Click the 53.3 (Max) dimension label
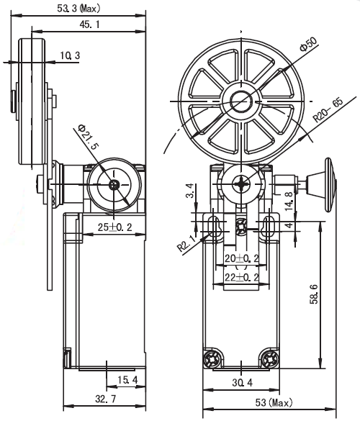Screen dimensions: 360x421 pyautogui.click(x=78, y=9)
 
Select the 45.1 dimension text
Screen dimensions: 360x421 pyautogui.click(x=89, y=24)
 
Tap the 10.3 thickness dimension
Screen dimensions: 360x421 pyautogui.click(x=70, y=55)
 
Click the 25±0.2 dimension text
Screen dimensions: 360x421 pyautogui.click(x=114, y=227)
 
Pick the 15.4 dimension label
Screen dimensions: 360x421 pyautogui.click(x=127, y=380)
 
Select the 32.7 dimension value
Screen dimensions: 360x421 pyautogui.click(x=106, y=399)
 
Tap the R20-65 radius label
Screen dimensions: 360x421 pyautogui.click(x=328, y=110)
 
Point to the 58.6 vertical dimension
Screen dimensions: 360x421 pyautogui.click(x=313, y=294)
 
